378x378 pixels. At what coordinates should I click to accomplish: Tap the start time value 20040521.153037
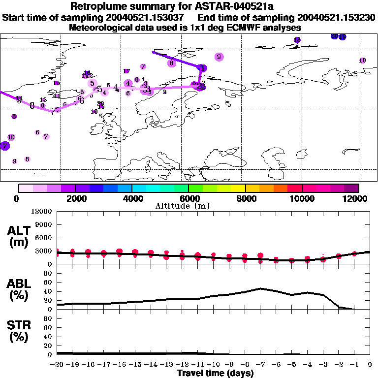click(148, 18)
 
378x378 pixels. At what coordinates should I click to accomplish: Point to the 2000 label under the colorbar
click(75, 198)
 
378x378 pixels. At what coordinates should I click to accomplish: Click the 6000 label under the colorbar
click(189, 198)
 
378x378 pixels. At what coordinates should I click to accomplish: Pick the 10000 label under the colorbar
click(302, 198)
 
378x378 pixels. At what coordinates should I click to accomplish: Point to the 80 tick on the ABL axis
click(47, 273)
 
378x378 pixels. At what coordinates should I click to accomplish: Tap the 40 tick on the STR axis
click(47, 337)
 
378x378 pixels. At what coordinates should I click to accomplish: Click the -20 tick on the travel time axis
click(57, 365)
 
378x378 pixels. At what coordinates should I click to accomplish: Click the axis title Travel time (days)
click(215, 373)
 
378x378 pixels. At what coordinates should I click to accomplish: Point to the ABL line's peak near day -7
click(261, 288)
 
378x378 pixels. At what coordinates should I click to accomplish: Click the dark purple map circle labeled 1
click(202, 68)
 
